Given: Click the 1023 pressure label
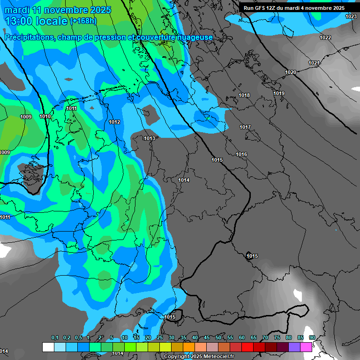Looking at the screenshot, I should (351, 16).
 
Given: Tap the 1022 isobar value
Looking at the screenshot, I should (325, 37).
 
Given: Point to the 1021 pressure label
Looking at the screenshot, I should (314, 63).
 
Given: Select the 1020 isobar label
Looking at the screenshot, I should (291, 72).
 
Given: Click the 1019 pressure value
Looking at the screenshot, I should (279, 93).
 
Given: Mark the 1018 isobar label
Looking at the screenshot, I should (244, 95).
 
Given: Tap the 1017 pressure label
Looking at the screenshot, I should (245, 127).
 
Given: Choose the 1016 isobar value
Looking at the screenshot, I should (241, 154).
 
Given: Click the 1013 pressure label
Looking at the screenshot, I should (150, 138).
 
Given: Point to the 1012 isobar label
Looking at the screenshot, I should (114, 122).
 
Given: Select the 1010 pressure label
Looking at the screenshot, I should (45, 116).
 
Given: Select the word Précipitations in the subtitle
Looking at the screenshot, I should (28, 37).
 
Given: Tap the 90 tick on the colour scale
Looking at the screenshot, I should (312, 337).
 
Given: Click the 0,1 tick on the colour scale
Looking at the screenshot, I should (55, 337).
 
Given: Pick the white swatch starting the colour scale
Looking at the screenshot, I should (48, 347).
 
